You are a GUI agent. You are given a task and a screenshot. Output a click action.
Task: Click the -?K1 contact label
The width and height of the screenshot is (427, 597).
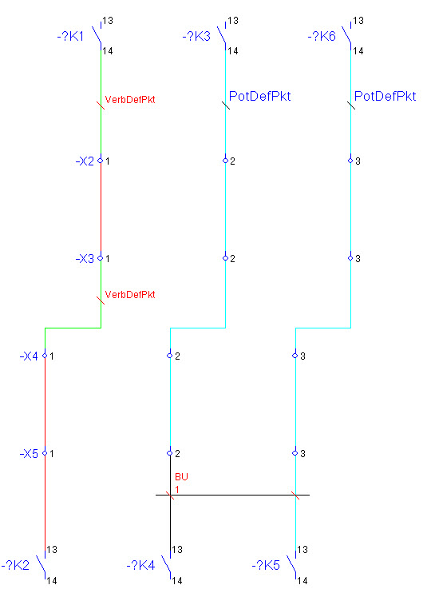(x=70, y=37)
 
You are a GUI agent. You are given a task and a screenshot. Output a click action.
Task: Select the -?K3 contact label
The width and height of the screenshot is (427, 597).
(x=196, y=37)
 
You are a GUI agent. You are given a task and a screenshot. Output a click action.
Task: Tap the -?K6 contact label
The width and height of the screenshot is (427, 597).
(x=322, y=37)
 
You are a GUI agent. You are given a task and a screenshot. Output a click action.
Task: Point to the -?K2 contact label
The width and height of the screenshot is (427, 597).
(x=15, y=565)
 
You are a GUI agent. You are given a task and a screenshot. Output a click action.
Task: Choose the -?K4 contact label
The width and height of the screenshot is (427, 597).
(x=140, y=565)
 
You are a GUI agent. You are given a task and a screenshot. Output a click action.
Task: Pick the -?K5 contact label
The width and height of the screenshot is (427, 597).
(x=266, y=565)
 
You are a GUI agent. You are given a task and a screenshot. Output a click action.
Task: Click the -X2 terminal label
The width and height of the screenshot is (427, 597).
(x=85, y=161)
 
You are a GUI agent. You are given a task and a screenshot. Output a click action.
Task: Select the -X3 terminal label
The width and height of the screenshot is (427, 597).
(x=85, y=258)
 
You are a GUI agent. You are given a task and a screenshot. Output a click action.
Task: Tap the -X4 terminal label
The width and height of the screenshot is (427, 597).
(x=29, y=356)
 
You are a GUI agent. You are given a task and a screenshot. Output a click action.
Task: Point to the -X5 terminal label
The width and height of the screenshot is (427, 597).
(x=29, y=453)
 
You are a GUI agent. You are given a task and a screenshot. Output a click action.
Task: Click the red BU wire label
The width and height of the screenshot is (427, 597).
(x=181, y=476)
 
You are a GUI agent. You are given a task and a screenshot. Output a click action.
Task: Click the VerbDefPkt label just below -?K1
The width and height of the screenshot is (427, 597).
(x=130, y=100)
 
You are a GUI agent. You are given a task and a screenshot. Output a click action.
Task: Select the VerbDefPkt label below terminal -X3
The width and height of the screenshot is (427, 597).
(x=130, y=295)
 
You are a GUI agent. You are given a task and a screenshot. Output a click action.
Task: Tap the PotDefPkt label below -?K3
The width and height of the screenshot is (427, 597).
(x=259, y=96)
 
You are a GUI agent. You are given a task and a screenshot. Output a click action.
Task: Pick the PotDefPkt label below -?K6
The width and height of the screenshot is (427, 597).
(x=385, y=96)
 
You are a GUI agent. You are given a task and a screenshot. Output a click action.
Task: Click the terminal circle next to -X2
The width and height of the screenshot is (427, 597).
(x=101, y=161)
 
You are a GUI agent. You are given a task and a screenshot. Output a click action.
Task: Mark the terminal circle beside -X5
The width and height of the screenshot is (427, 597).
(x=45, y=453)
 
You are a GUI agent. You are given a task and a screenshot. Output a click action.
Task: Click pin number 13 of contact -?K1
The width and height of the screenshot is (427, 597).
(x=108, y=21)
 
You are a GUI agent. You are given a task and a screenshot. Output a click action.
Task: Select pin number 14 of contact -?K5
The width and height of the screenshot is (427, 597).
(x=302, y=581)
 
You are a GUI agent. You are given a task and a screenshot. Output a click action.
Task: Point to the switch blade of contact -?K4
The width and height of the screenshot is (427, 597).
(x=166, y=564)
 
